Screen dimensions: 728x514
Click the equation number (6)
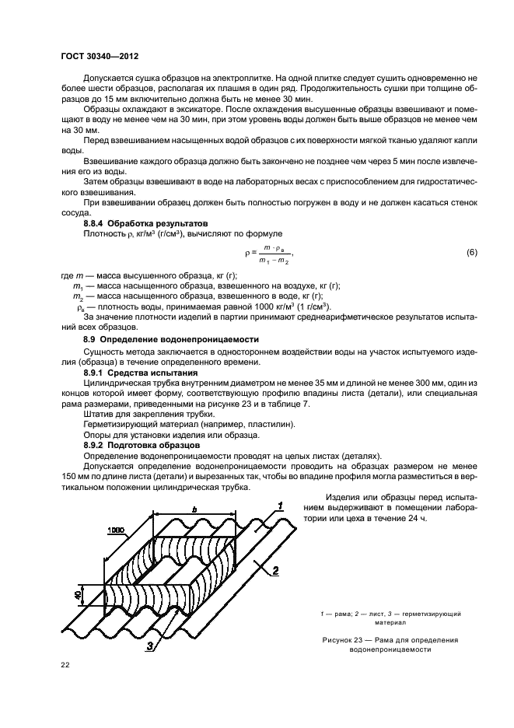[471, 254]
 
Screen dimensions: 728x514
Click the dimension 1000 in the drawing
[118, 528]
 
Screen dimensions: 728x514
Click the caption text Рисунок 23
[347, 640]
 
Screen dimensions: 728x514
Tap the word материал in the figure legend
[389, 622]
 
